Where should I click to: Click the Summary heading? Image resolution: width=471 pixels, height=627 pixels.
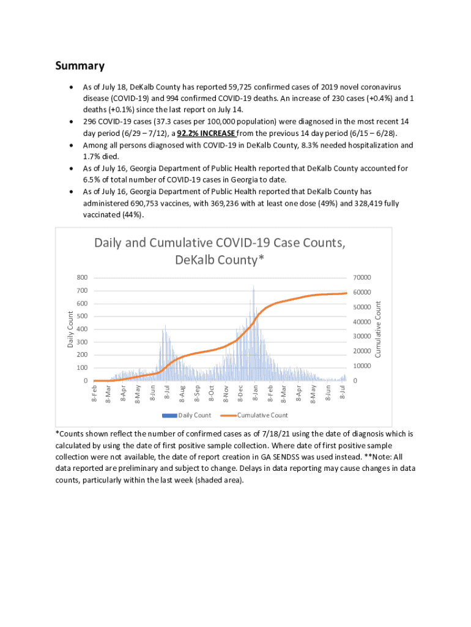[80, 66]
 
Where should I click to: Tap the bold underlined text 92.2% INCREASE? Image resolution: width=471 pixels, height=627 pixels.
[206, 133]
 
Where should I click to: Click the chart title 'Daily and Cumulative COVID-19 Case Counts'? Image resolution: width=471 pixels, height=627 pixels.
[220, 243]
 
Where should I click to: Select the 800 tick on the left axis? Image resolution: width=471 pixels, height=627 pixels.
[82, 277]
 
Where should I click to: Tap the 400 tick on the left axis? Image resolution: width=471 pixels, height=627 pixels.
[82, 329]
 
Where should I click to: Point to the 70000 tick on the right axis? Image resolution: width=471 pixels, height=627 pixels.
[363, 277]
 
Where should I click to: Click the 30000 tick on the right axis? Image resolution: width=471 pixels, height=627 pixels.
[363, 336]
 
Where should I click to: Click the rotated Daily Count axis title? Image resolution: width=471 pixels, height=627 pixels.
[70, 329]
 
